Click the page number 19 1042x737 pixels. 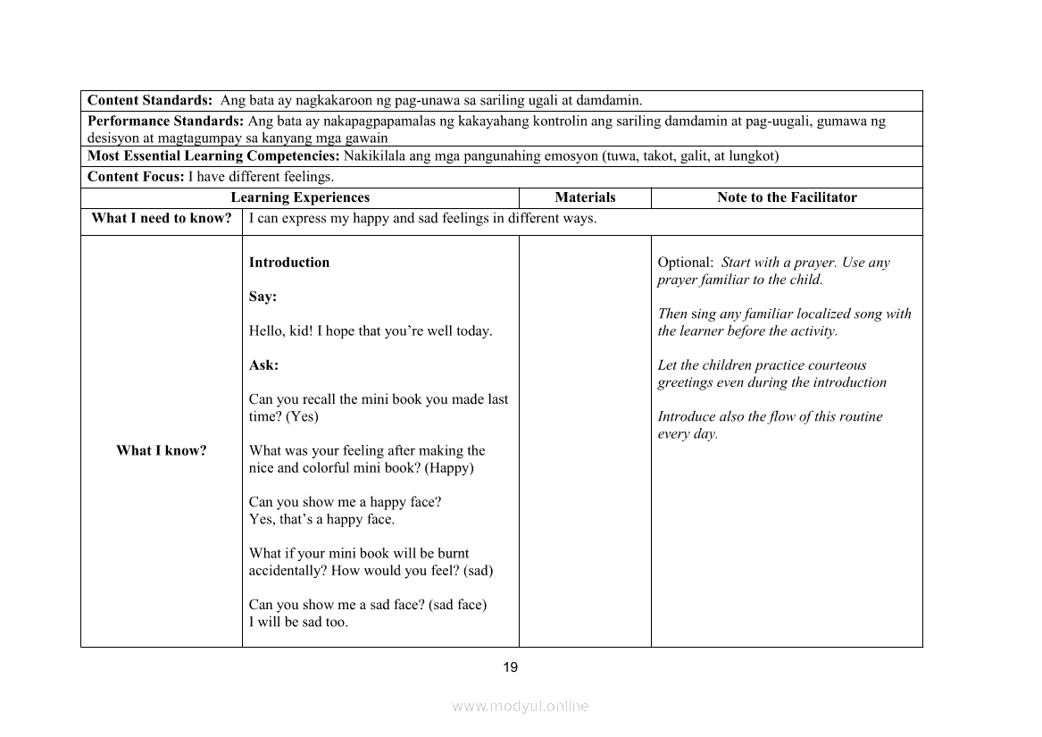tap(510, 667)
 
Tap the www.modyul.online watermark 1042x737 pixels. tap(521, 706)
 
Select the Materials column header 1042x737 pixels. tap(585, 197)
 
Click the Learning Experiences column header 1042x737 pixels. tap(300, 197)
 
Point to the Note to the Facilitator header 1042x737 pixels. tap(787, 197)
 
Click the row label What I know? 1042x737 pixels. tap(161, 450)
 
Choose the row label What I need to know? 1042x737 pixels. tap(161, 218)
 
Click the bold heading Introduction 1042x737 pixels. tap(289, 263)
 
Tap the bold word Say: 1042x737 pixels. tap(263, 297)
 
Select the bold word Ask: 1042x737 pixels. tap(263, 365)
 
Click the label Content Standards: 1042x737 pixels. tap(150, 100)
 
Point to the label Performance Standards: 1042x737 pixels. tap(166, 121)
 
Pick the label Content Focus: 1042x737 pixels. tap(136, 177)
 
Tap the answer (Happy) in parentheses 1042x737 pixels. tap(449, 468)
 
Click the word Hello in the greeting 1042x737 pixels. tap(267, 331)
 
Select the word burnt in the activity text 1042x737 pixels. tap(453, 554)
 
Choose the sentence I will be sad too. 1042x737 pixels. tap(298, 623)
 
